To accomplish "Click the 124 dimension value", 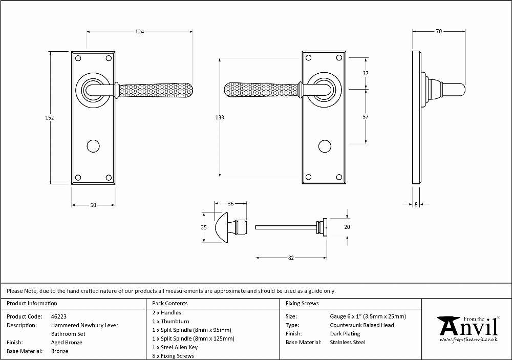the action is pos(139,32).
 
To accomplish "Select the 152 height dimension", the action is pos(49,118).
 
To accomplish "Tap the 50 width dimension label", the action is pos(93,205).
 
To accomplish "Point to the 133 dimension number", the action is pos(220,117).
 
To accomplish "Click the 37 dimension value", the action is pos(366,73).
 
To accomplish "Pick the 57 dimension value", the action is pos(366,117).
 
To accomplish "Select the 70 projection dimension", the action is pos(439,31).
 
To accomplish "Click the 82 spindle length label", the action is pos(291,258).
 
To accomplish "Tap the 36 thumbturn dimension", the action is pos(230,203).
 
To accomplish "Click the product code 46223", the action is pos(59,316).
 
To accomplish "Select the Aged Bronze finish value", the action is pos(67,343).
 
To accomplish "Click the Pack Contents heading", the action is pos(170,304).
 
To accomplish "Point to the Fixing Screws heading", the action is pos(302,304).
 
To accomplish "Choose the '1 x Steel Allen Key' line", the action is pos(175,347).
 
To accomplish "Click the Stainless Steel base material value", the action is pos(348,343).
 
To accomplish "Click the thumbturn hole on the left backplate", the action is pos(93,146).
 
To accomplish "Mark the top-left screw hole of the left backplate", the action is pos(78,58).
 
